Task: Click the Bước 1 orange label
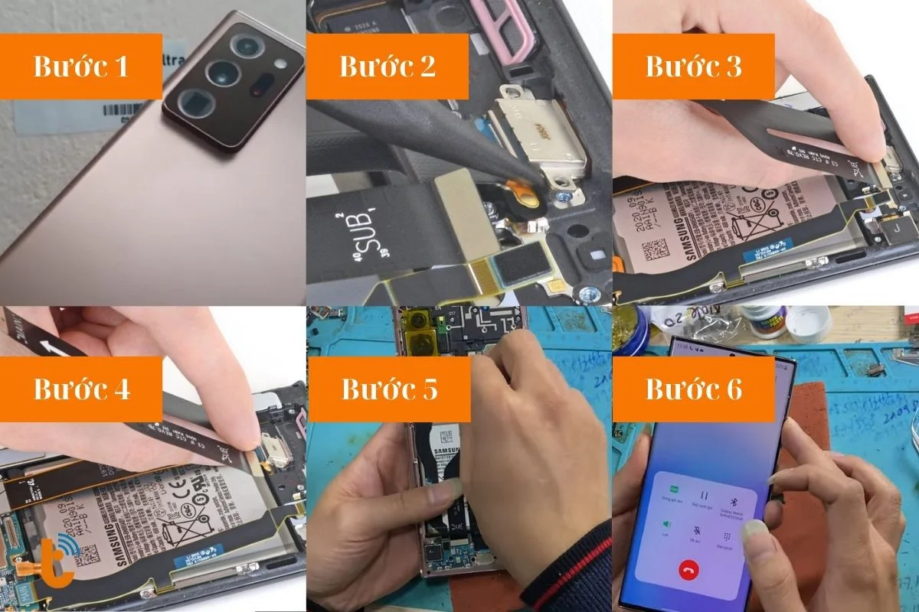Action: pyautogui.click(x=80, y=67)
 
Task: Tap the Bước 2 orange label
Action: pyautogui.click(x=388, y=67)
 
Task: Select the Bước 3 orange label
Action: pyautogui.click(x=694, y=67)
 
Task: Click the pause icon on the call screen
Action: pyautogui.click(x=704, y=497)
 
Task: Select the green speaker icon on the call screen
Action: pyautogui.click(x=666, y=524)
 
